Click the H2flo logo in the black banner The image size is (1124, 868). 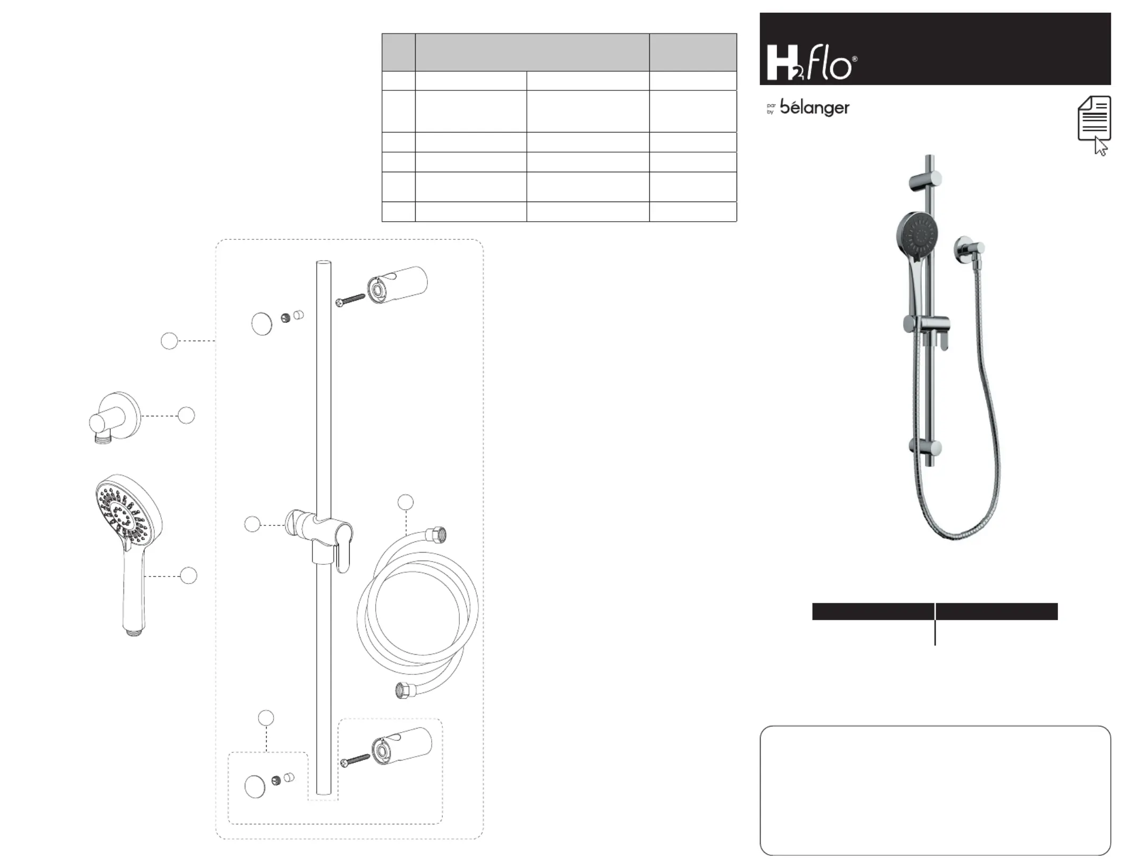812,62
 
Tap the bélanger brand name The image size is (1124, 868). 814,107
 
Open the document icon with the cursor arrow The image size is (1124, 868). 1094,125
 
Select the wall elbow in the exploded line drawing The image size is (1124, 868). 114,418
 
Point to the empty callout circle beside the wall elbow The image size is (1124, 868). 186,415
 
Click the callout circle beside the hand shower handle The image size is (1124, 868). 188,575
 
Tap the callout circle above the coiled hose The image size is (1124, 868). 406,502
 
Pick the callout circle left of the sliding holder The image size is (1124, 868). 252,524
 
